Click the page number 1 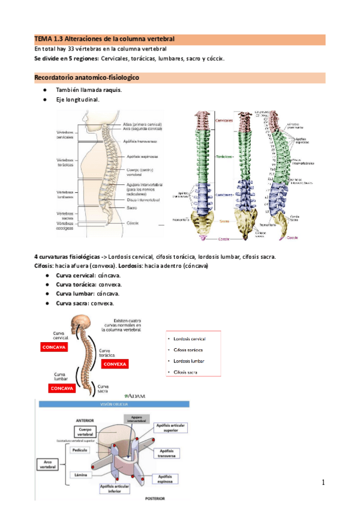coord(322,483)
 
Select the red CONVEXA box coord(115,364)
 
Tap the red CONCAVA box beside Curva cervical coord(53,346)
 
